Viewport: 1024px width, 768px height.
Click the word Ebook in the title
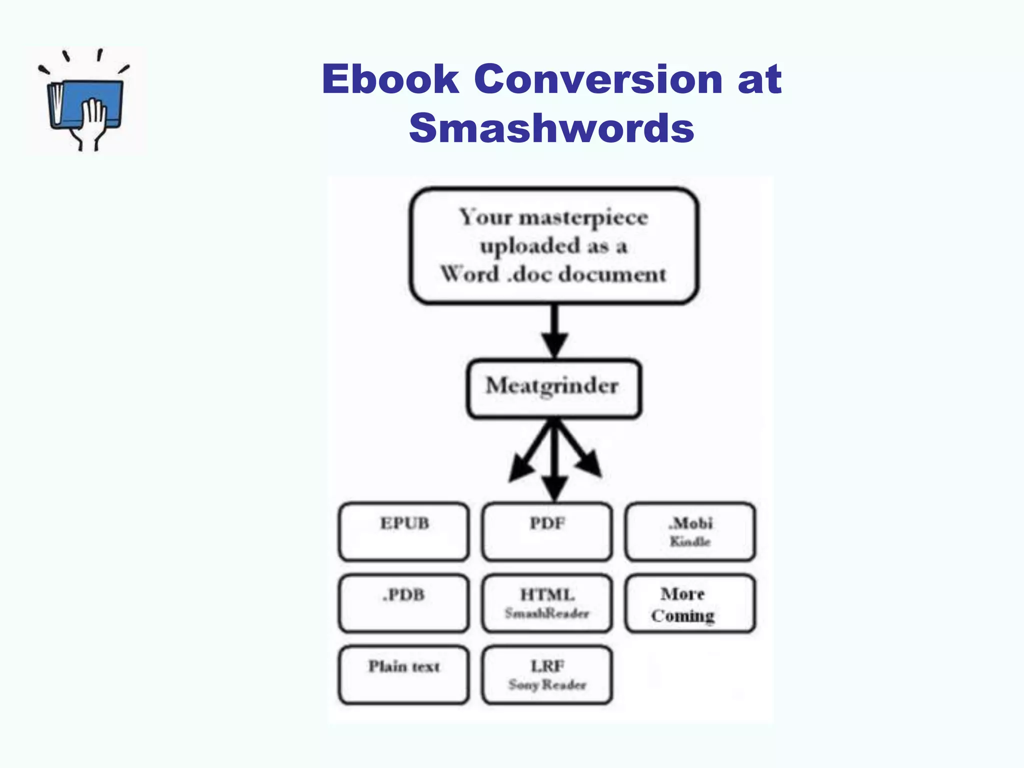[390, 79]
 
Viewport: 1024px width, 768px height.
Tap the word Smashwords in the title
[551, 128]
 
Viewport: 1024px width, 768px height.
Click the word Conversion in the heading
[598, 79]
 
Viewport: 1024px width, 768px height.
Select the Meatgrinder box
[553, 388]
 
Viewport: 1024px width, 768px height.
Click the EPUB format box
[404, 531]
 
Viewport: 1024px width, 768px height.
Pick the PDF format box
[547, 531]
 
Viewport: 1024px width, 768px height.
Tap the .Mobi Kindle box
[690, 531]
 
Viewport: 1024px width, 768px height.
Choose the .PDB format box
[404, 603]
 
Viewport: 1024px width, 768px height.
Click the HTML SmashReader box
[547, 603]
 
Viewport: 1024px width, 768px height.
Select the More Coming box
[690, 603]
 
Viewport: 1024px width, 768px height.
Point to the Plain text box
[404, 674]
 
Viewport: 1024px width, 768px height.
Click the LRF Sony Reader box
[547, 674]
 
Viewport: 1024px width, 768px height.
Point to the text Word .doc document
[553, 274]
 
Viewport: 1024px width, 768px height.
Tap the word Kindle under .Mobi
[690, 541]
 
